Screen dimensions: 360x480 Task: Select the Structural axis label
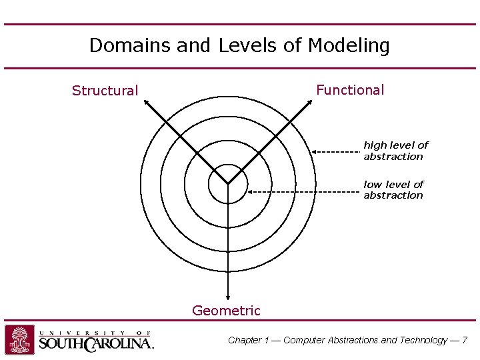pyautogui.click(x=105, y=91)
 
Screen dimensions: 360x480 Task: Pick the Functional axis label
pyautogui.click(x=350, y=90)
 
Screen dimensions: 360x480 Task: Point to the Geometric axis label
pyautogui.click(x=226, y=311)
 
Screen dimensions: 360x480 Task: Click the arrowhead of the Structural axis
pyautogui.click(x=146, y=102)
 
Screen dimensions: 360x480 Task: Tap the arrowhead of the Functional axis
pyautogui.click(x=310, y=102)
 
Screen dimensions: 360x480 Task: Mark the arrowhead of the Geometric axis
pyautogui.click(x=228, y=299)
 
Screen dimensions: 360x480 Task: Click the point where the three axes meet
pyautogui.click(x=228, y=183)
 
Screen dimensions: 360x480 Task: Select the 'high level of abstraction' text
pyautogui.click(x=395, y=151)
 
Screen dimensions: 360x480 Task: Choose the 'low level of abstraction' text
pyautogui.click(x=393, y=189)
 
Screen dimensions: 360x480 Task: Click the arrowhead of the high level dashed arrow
pyautogui.click(x=314, y=152)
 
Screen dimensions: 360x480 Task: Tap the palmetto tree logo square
pyautogui.click(x=20, y=339)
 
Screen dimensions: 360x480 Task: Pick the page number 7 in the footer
pyautogui.click(x=464, y=340)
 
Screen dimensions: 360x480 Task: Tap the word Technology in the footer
pyautogui.click(x=423, y=340)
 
